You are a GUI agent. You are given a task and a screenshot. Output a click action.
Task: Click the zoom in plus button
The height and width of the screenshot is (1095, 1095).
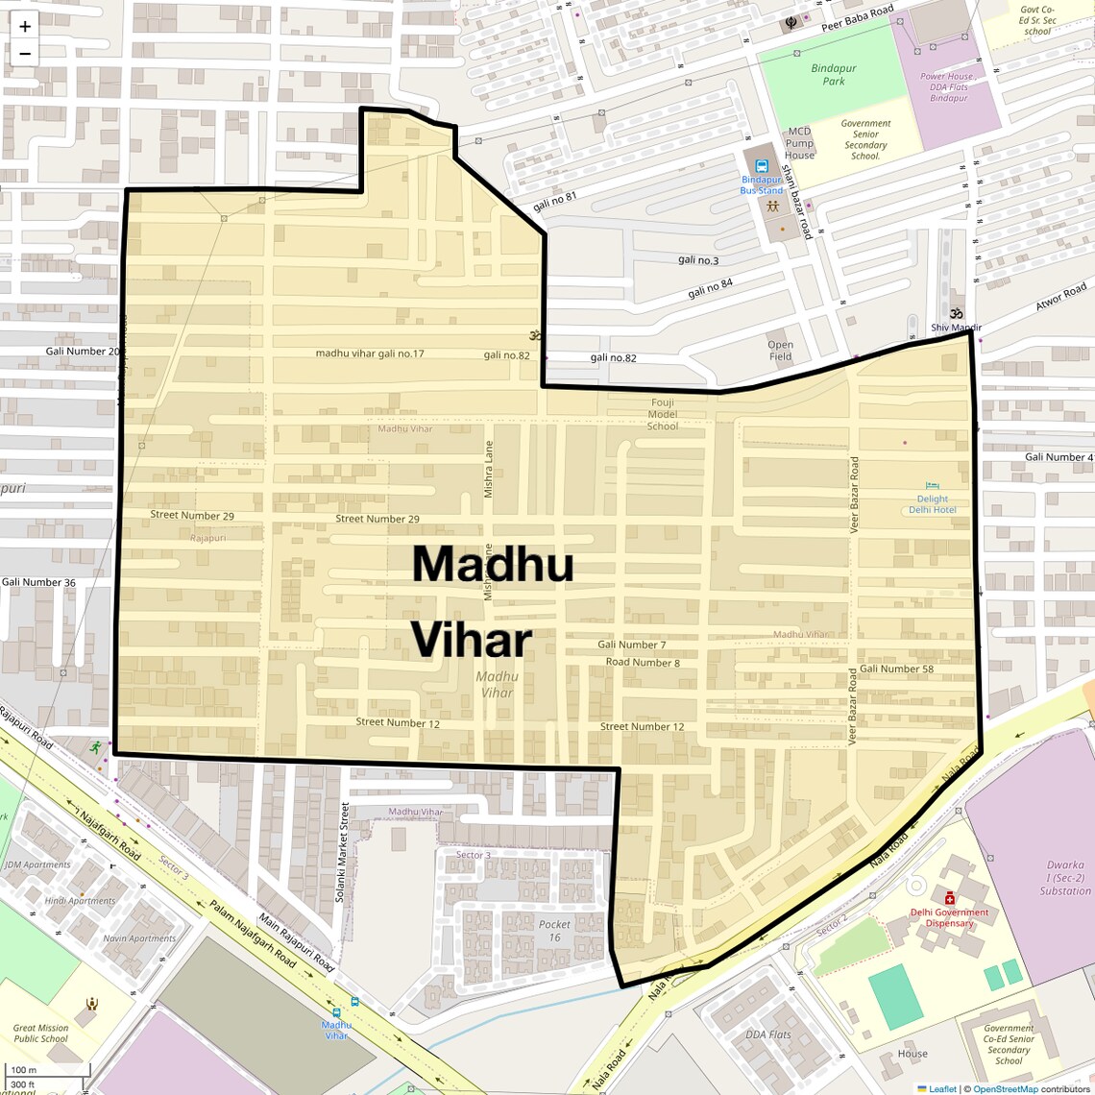[25, 27]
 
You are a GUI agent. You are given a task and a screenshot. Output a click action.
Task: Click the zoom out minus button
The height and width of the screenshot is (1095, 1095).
[25, 54]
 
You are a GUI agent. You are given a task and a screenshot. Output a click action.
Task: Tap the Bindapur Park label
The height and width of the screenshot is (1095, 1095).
[833, 75]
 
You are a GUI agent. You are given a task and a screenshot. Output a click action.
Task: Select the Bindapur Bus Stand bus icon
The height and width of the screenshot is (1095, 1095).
[762, 166]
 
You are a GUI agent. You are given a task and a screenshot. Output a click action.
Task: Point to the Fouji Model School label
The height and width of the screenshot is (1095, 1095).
[662, 414]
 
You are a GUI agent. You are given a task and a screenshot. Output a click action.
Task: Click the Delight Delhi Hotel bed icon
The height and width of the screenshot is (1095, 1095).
[931, 487]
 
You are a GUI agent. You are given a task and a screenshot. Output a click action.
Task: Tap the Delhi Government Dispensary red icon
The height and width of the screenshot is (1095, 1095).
[949, 898]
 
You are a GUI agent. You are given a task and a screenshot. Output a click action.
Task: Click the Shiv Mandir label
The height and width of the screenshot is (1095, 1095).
[956, 328]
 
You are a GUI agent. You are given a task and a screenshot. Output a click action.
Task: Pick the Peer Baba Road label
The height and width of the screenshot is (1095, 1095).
[857, 18]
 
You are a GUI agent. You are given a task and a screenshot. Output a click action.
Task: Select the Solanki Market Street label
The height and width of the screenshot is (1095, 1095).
[343, 853]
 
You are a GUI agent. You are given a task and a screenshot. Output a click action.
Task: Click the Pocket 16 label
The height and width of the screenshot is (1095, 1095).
[554, 931]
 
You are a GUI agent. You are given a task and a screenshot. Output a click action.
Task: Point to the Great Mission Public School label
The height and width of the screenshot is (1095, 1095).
[41, 1033]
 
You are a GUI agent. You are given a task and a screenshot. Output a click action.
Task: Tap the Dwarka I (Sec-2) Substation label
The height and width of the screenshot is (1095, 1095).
[1064, 878]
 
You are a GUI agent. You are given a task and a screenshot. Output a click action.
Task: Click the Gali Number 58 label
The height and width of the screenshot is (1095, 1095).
[896, 669]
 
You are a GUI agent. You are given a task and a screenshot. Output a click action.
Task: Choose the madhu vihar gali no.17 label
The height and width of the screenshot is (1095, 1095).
[370, 353]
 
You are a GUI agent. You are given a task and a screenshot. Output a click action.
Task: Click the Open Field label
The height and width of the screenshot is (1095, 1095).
[780, 351]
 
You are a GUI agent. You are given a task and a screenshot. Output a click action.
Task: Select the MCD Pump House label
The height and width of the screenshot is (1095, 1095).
[799, 143]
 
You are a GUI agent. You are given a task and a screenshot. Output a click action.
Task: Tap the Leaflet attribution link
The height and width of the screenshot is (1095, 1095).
[942, 1088]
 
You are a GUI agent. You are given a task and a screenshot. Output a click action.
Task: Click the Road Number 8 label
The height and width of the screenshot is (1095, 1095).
[643, 662]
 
